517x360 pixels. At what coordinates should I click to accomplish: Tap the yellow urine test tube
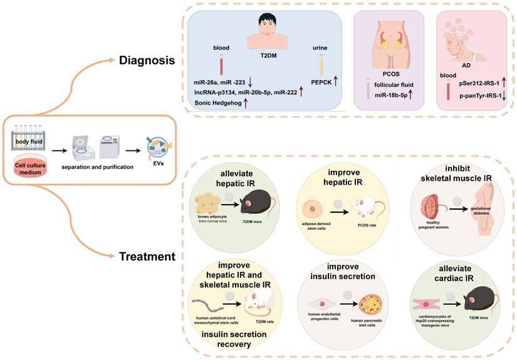[x=321, y=63]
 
